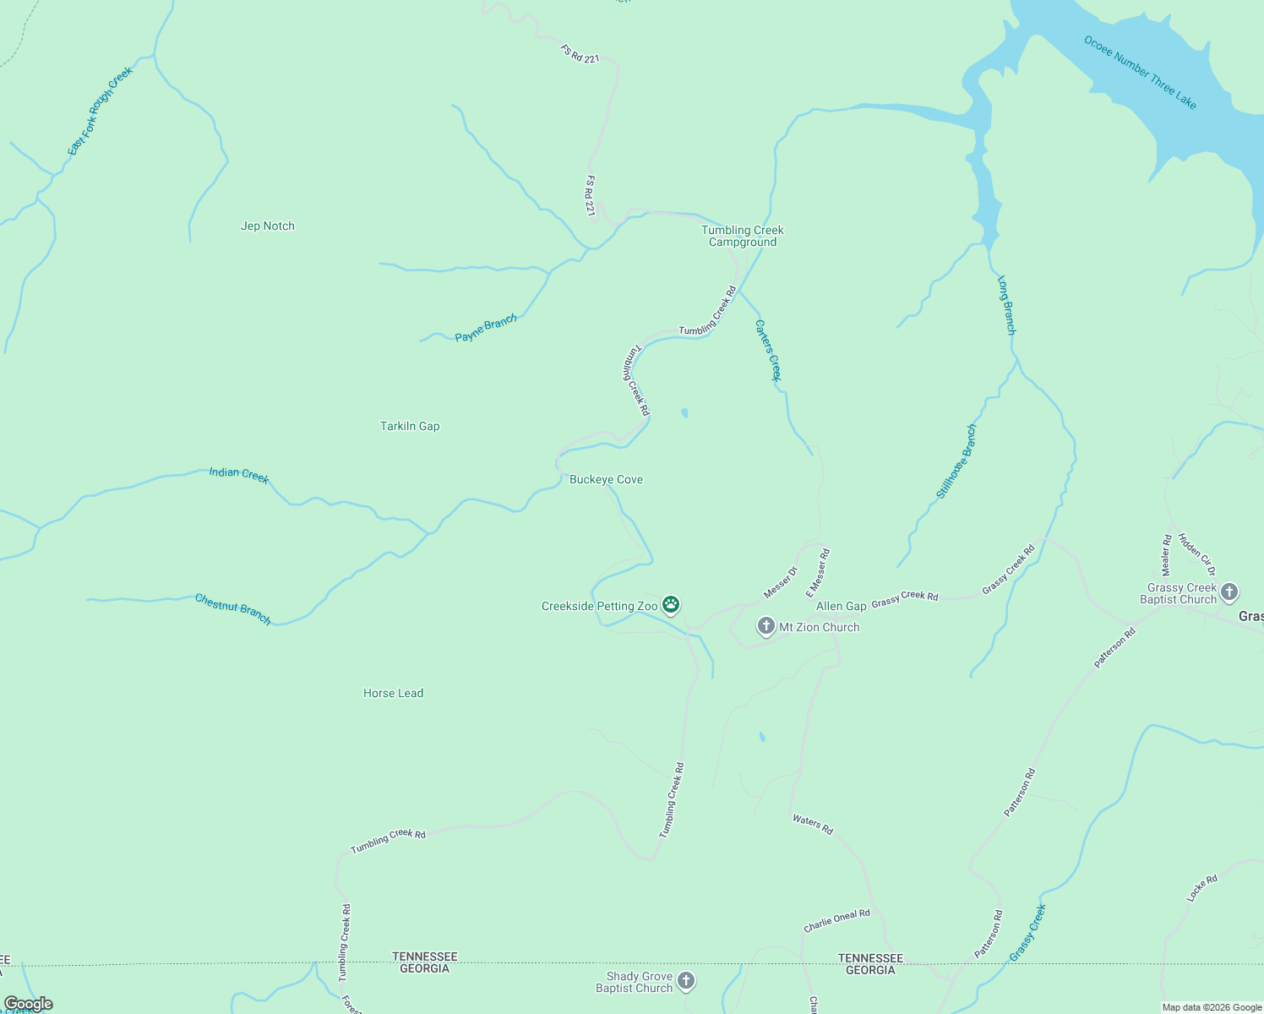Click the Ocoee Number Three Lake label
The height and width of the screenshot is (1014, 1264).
tap(1141, 72)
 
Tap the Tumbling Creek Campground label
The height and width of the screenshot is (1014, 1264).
tap(743, 236)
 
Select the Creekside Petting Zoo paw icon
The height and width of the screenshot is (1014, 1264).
tap(671, 604)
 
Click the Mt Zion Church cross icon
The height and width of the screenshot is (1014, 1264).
tap(765, 626)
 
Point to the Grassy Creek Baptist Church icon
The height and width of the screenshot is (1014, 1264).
tap(1229, 591)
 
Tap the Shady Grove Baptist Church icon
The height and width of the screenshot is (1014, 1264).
tap(686, 981)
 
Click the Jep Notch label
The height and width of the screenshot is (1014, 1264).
tap(268, 226)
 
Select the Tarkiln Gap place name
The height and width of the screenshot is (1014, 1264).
tap(410, 426)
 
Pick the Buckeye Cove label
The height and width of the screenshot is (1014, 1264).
tap(606, 479)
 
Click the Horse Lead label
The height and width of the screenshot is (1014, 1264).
tap(393, 693)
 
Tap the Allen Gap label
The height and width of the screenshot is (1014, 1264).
tap(841, 606)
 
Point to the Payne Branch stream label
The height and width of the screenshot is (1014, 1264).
tap(486, 329)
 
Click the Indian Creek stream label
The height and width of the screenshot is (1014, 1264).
tap(239, 475)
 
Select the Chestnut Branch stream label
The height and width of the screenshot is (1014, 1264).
tap(233, 608)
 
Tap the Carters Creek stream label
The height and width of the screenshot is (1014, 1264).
tap(768, 350)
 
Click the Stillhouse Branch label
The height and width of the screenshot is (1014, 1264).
tap(956, 461)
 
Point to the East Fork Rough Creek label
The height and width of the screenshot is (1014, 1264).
tap(101, 111)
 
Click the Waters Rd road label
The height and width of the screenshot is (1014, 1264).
tap(813, 825)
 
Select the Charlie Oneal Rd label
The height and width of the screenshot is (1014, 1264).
tap(836, 920)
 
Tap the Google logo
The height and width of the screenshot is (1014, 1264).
tap(28, 1004)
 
